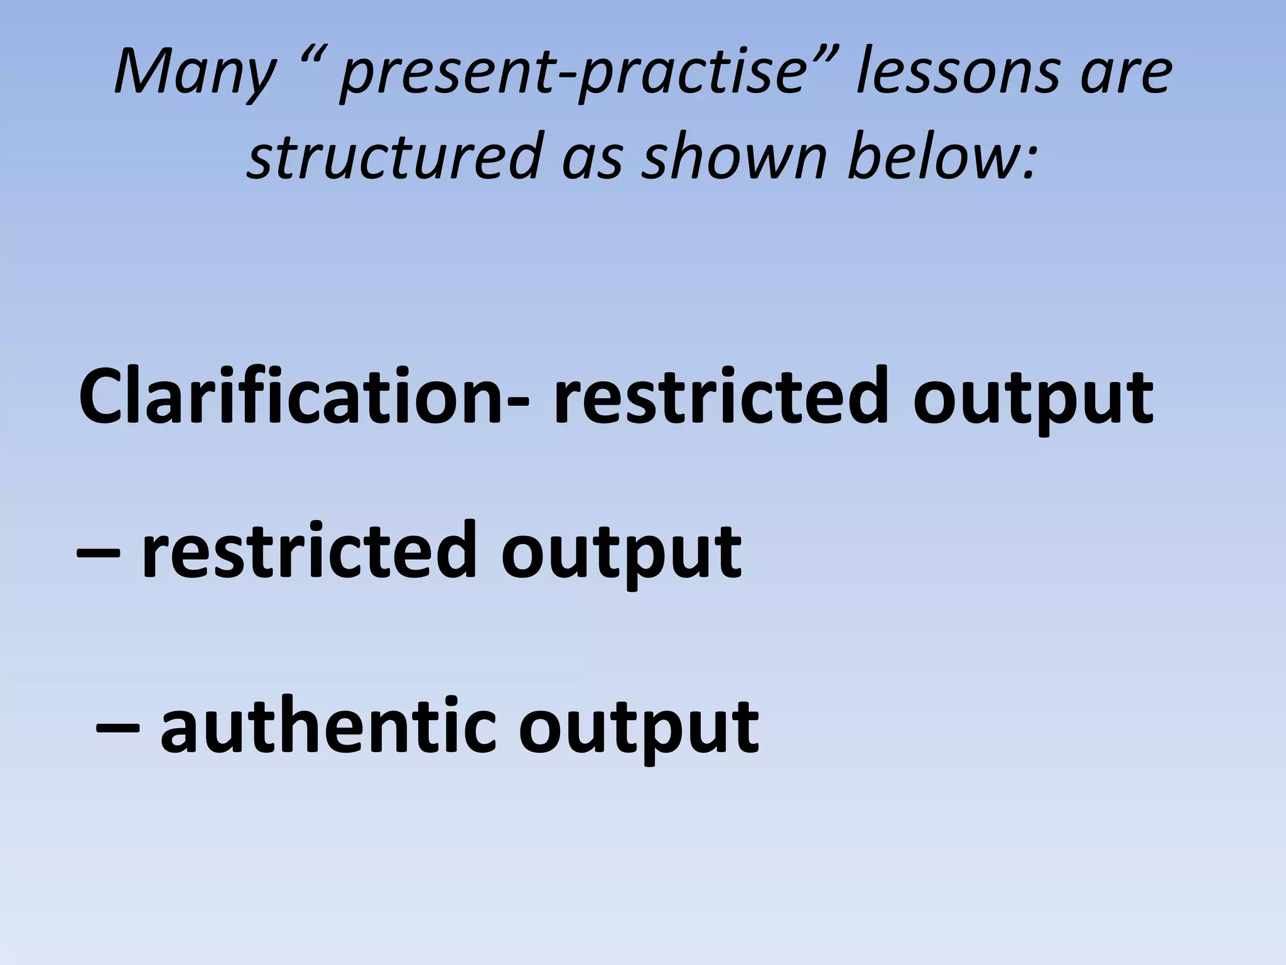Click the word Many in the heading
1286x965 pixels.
195,74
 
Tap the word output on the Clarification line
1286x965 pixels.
1033,402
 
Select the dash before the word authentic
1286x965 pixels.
117,728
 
